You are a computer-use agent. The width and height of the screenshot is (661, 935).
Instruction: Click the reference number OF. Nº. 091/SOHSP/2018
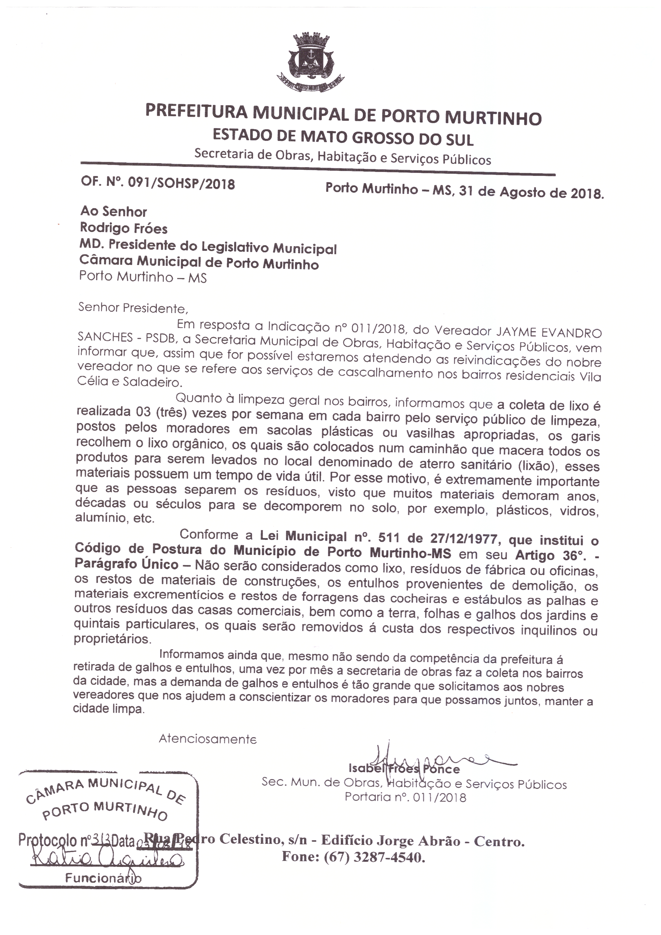[x=158, y=183]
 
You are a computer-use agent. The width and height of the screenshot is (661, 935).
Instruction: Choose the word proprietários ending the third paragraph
[x=112, y=639]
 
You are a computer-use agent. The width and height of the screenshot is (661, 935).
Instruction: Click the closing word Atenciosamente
[x=208, y=739]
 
